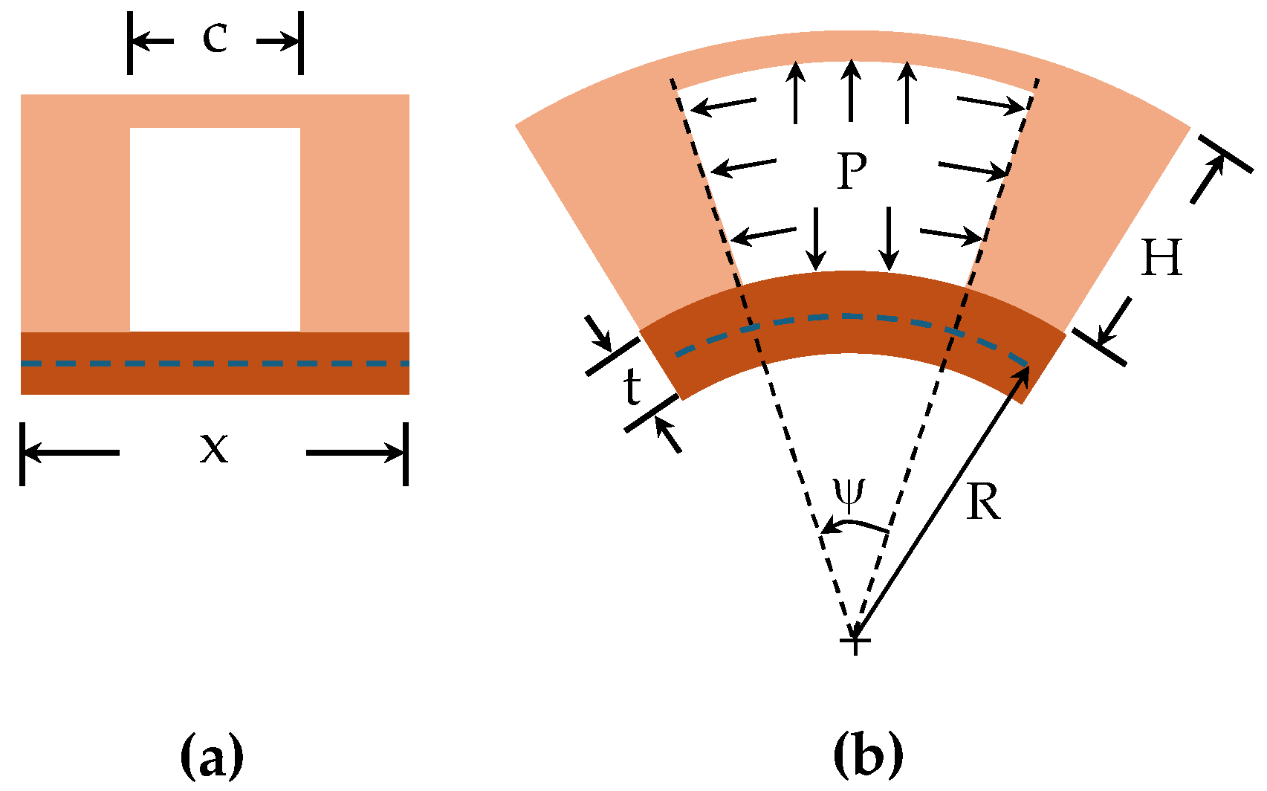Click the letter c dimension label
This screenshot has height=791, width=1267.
[x=215, y=38]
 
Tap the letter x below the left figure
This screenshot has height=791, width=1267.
[x=213, y=448]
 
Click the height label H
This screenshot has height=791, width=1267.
[x=1161, y=259]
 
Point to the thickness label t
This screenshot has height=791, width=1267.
[x=632, y=387]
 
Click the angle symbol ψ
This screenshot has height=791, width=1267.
[x=849, y=492]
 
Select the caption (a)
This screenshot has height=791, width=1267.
[x=212, y=754]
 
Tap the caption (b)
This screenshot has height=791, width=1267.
[x=868, y=754]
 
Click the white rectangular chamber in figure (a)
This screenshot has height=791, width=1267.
[x=215, y=229]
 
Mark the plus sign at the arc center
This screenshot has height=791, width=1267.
[x=855, y=640]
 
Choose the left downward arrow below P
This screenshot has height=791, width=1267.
[x=817, y=239]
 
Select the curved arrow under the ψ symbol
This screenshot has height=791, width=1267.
[x=855, y=526]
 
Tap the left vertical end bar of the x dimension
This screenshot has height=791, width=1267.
[x=22, y=453]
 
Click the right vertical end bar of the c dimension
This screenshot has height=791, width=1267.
[x=301, y=42]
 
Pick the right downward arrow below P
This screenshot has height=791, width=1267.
[x=889, y=239]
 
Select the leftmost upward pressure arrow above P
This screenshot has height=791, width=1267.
[x=796, y=92]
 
